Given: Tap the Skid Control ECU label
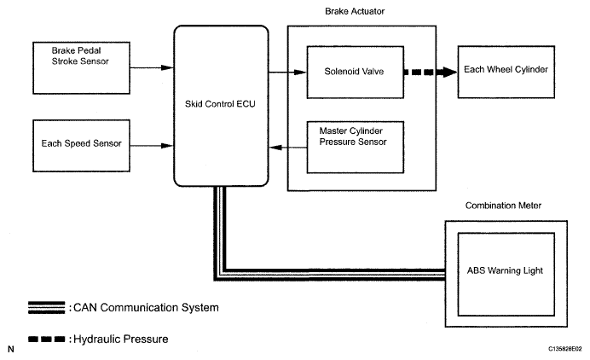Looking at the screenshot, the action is (x=220, y=104).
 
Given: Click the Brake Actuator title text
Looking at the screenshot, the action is (x=355, y=11).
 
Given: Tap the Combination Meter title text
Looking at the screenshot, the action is (x=503, y=206).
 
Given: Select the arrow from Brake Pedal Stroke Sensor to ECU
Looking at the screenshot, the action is (x=152, y=67).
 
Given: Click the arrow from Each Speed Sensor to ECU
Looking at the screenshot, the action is (x=152, y=146).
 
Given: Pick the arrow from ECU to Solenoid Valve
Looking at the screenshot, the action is (x=288, y=72).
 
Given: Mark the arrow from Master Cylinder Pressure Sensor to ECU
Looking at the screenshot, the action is (x=288, y=148).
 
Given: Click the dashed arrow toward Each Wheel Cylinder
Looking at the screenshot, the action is (x=431, y=72).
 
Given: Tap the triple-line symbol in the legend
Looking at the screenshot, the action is (x=47, y=307).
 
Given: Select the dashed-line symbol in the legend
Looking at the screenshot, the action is (x=47, y=340).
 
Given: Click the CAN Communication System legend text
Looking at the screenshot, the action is (x=146, y=308).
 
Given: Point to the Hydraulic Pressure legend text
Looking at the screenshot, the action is (x=121, y=340).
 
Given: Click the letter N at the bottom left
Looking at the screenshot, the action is (x=11, y=350).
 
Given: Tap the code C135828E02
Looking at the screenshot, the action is (x=564, y=349).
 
